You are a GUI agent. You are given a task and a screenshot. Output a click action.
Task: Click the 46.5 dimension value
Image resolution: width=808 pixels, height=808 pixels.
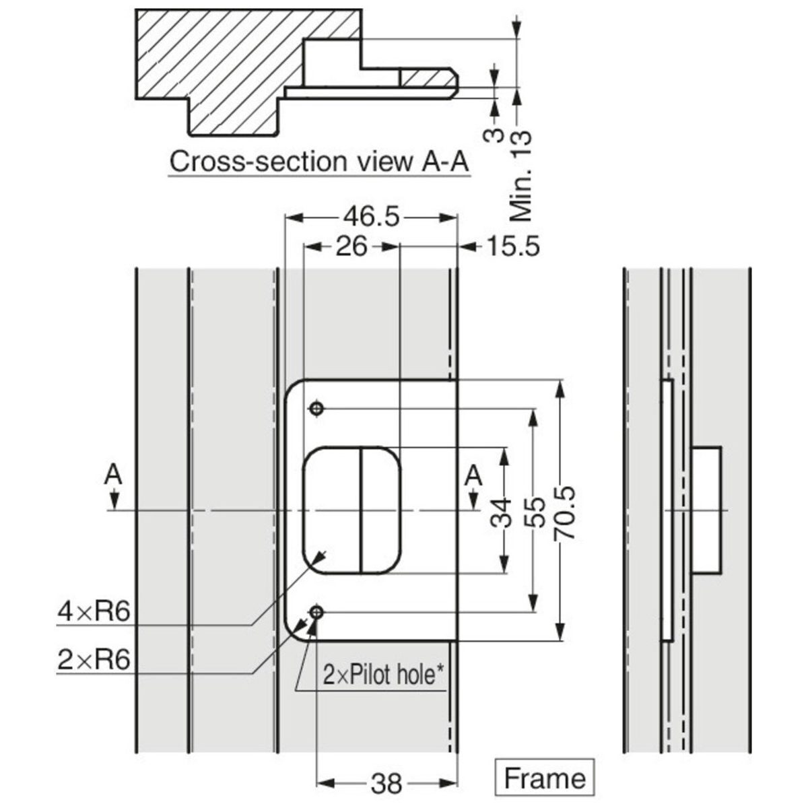click(x=372, y=217)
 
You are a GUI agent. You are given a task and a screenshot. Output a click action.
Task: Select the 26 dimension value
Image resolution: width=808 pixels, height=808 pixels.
click(x=351, y=247)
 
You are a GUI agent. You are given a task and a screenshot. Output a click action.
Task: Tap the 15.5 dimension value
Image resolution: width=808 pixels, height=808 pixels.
click(x=513, y=247)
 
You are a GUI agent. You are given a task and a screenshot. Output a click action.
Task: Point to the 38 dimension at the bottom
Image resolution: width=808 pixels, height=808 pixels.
click(x=386, y=783)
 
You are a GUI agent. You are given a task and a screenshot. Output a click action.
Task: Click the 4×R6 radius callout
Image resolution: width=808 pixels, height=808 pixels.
click(x=94, y=612)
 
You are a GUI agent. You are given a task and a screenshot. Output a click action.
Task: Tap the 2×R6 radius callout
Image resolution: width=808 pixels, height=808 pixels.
click(x=94, y=660)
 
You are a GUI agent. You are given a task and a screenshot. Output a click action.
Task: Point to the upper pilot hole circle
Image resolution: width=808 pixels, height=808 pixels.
click(x=316, y=409)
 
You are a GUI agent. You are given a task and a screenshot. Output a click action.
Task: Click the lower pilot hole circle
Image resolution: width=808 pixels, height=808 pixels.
click(x=316, y=611)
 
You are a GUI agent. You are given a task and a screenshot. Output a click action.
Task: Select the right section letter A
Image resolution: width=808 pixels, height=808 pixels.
click(x=474, y=475)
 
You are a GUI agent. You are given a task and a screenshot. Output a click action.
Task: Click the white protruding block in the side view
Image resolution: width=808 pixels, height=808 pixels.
click(x=706, y=510)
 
